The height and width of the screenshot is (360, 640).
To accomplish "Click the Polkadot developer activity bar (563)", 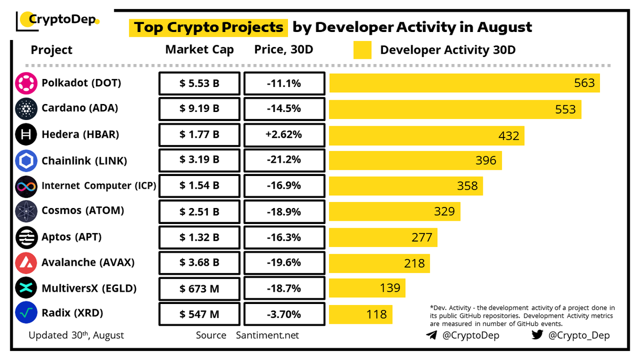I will pos(464,83).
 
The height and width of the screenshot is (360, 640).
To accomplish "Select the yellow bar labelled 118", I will pos(361,314).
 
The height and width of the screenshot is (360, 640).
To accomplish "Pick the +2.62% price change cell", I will pos(284,134).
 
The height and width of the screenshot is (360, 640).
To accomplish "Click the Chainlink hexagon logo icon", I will pos(26,161).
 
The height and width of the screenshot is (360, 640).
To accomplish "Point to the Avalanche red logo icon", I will pos(26,263).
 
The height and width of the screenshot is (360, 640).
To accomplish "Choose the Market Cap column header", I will pos(199,50).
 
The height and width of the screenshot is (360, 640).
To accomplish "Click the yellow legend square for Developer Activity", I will pos(362,50).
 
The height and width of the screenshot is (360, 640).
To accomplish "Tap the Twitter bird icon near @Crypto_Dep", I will pos(538,335).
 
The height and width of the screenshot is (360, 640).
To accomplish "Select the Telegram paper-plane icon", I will pos(431,335).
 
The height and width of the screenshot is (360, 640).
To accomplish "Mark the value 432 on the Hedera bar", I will pos(508,135).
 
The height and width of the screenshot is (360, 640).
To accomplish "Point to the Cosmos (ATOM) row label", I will pos(83,211).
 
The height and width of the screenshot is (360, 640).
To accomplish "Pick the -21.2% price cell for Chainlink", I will pos(284,160).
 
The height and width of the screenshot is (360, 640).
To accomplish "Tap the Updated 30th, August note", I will pos(76,335).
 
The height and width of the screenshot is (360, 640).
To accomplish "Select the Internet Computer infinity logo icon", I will pos(26,186).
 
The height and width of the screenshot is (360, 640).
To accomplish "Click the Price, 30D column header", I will pos(283,50).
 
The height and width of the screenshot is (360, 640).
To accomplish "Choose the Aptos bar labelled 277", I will pos(383,237).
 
